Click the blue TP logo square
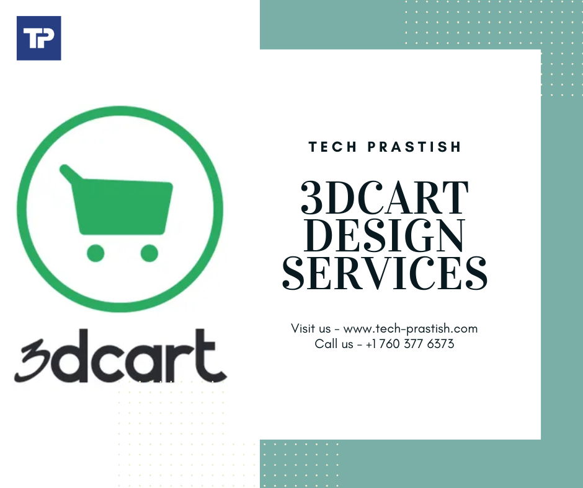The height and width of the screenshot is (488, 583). (x=38, y=38)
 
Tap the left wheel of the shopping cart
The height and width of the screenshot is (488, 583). (x=95, y=253)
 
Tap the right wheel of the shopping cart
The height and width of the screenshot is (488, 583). (x=149, y=253)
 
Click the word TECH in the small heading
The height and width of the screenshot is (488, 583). (x=332, y=147)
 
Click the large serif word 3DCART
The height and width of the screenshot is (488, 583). (x=385, y=199)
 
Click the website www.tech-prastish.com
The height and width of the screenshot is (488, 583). (x=410, y=329)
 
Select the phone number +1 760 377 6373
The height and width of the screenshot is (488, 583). (x=410, y=344)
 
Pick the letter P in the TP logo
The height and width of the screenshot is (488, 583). (x=47, y=38)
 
